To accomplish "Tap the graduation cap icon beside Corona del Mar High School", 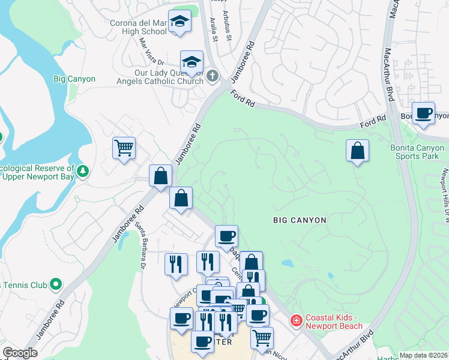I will click(x=179, y=22).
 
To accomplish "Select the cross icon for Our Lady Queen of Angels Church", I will click(x=211, y=77).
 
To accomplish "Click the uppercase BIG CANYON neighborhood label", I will click(x=300, y=220).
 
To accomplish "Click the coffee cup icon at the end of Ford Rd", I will click(x=424, y=113).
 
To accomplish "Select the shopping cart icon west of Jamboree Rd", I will click(x=124, y=146).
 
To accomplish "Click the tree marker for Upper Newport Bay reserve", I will click(x=83, y=172).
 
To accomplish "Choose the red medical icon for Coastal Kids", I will click(x=295, y=322).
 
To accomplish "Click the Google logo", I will click(x=20, y=353).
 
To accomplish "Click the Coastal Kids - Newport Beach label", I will click(x=334, y=322).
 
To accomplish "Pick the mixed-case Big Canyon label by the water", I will click(x=74, y=79).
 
